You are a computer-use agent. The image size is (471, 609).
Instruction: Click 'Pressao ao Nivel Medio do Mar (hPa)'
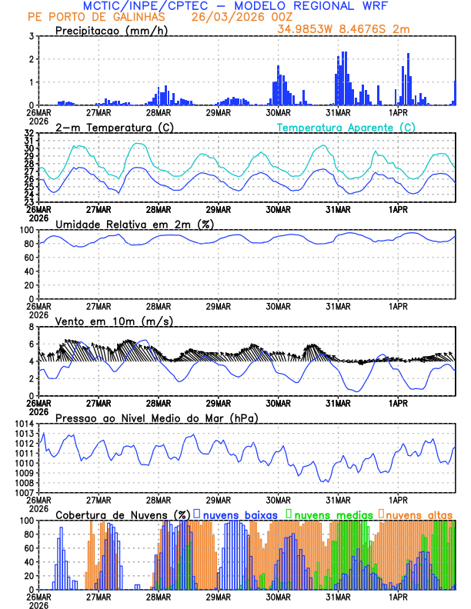tap(156, 418)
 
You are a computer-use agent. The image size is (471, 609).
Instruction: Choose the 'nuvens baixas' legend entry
tap(239, 514)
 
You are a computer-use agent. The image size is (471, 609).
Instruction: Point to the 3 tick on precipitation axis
tap(30, 36)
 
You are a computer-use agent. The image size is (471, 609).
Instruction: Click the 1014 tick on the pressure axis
tap(25, 424)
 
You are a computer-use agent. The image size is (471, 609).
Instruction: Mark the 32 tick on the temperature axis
tap(28, 133)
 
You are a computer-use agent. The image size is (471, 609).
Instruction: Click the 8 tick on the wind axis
tap(30, 327)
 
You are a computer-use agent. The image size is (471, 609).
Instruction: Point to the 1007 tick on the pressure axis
tap(25, 492)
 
